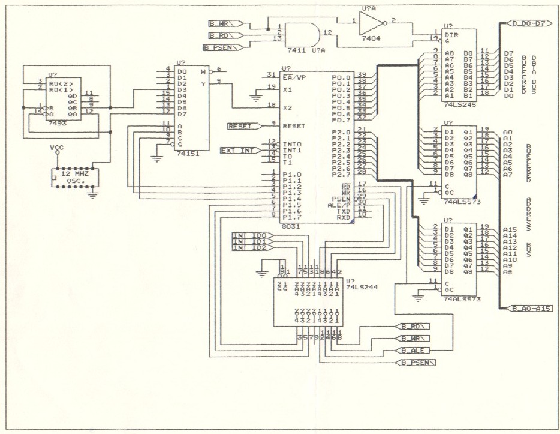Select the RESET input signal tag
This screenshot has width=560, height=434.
(x=243, y=126)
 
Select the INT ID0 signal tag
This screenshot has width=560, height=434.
(x=252, y=235)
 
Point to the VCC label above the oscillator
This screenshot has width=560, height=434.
(x=56, y=148)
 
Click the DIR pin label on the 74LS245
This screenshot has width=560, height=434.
(x=450, y=35)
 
